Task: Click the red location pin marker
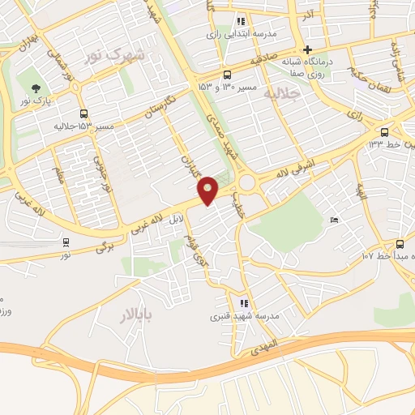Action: point(208,190)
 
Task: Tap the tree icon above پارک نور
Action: point(34,89)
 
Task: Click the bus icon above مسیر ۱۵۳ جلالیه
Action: point(83,114)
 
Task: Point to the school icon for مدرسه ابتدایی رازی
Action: point(240,22)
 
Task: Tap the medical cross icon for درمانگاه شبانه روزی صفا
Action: point(308,49)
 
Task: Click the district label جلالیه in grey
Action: point(282,94)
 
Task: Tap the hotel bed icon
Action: point(335,220)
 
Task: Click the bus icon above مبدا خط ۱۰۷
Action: point(400,244)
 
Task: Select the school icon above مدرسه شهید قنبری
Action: point(245,303)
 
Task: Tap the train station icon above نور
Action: point(66,242)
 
